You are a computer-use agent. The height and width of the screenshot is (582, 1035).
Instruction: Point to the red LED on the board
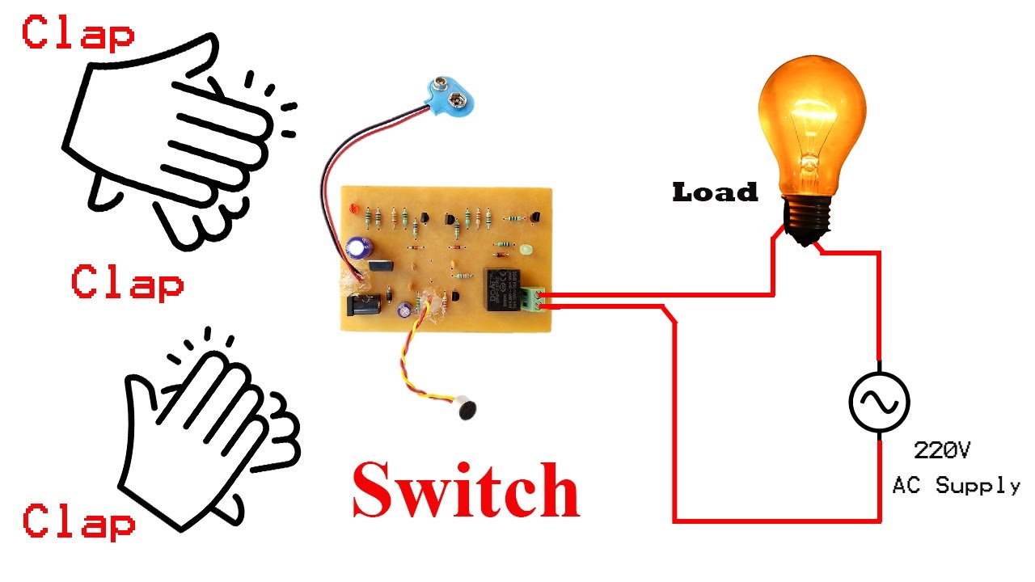(354, 209)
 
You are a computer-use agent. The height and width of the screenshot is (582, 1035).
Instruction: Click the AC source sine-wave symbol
(879, 402)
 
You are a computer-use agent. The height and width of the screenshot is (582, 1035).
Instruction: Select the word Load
(715, 192)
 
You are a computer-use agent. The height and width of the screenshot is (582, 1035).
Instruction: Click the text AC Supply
(956, 486)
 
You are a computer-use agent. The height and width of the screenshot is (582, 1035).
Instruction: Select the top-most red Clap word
(78, 34)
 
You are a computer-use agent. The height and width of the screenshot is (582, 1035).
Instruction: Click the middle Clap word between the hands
(127, 284)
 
